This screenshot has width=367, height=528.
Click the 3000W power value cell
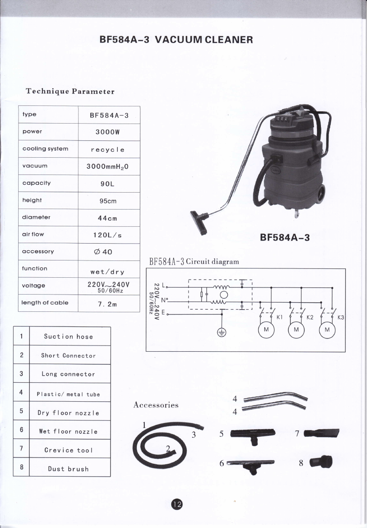(x=108, y=132)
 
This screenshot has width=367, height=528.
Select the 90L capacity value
(x=108, y=184)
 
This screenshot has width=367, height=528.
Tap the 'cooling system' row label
(x=45, y=149)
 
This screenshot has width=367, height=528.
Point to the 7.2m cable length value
(x=108, y=304)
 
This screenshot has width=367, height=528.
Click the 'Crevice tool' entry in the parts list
(x=68, y=450)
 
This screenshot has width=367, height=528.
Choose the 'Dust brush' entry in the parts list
(x=68, y=469)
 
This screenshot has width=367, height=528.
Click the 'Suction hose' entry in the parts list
(x=68, y=336)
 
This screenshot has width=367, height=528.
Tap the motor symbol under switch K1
(x=267, y=330)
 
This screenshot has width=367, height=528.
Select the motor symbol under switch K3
(x=327, y=330)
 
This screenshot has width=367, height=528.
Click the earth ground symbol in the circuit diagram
(x=221, y=333)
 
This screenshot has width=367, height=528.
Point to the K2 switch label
(x=310, y=317)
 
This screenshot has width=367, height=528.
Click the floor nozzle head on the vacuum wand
(x=199, y=222)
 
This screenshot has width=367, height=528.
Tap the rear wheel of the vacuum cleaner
(x=322, y=194)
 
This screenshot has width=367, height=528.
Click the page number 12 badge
(x=177, y=504)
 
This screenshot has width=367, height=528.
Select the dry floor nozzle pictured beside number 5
(x=253, y=435)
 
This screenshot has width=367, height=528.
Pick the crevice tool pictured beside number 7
(x=321, y=433)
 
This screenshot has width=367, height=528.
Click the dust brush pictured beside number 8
(x=321, y=462)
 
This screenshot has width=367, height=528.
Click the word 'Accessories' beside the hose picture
(x=156, y=405)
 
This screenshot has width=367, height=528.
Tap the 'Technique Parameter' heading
(x=70, y=91)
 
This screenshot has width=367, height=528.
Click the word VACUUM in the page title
(x=178, y=40)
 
